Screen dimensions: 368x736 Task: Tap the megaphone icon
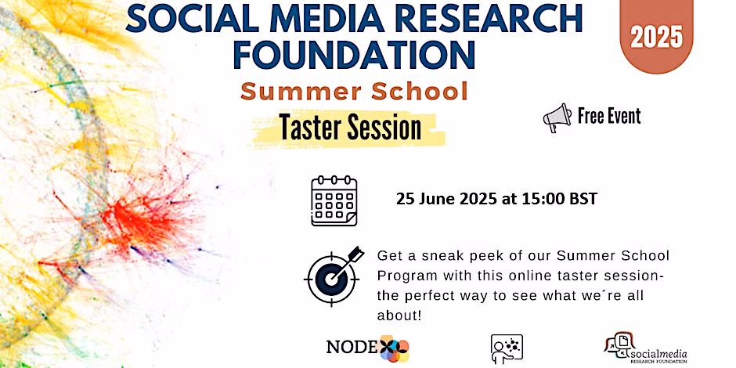click(x=557, y=117)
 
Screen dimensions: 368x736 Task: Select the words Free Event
click(x=609, y=117)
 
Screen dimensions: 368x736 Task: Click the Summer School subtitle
click(x=354, y=92)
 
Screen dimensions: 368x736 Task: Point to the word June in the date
click(x=438, y=199)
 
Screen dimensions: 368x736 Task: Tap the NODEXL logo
click(x=366, y=347)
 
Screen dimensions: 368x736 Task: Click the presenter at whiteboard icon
click(x=506, y=348)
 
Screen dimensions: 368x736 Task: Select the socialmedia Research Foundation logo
click(x=646, y=348)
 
